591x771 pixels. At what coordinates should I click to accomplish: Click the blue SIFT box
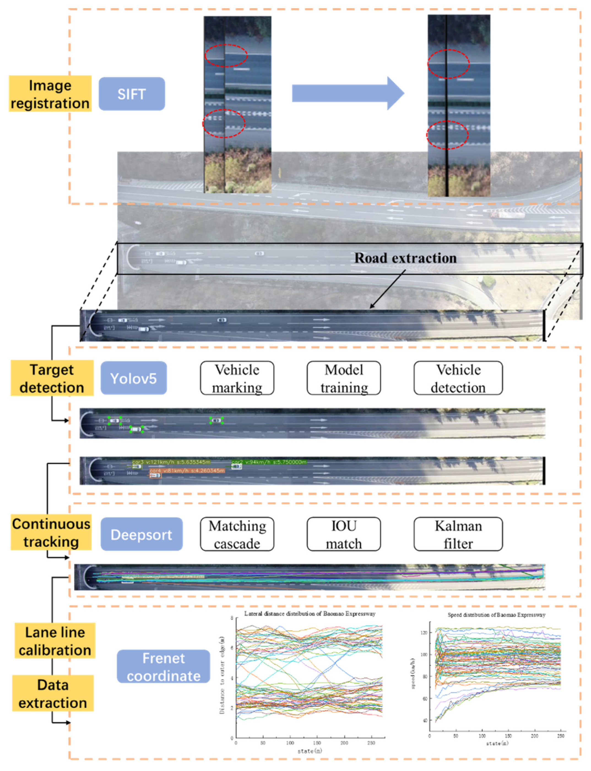click(x=132, y=94)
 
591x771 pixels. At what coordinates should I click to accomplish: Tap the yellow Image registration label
click(x=50, y=94)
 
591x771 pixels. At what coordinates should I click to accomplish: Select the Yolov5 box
click(x=133, y=378)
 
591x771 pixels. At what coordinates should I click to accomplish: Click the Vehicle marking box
click(x=237, y=378)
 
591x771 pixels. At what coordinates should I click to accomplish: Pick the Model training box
click(x=344, y=378)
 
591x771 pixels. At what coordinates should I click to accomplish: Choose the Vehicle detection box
click(x=458, y=378)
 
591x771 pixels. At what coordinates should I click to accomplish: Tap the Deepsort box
click(x=142, y=534)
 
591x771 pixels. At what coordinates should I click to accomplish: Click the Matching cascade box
click(x=237, y=534)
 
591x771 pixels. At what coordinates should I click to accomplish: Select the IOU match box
click(x=344, y=534)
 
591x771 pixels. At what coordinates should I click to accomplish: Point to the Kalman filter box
click(x=458, y=534)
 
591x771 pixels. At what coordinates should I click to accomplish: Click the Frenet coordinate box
click(x=163, y=667)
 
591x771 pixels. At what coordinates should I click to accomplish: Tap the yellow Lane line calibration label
click(x=55, y=641)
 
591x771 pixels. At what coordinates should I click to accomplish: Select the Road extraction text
click(x=405, y=258)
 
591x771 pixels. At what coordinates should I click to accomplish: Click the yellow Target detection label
click(x=52, y=378)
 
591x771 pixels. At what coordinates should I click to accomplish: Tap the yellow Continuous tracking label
click(x=51, y=533)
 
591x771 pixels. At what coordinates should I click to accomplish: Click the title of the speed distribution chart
click(x=496, y=615)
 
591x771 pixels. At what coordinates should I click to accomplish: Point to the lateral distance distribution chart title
click(x=310, y=614)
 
